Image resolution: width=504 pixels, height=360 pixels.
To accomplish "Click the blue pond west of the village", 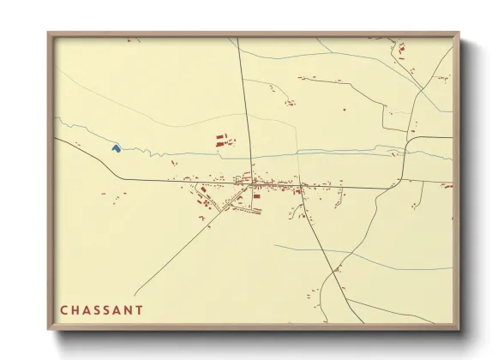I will pos(116,148).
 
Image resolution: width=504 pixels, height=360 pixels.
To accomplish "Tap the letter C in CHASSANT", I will pos(64,309).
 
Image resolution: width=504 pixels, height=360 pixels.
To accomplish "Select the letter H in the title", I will pos(75,309).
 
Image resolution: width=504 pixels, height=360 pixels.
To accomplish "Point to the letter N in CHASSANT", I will pos(127,309).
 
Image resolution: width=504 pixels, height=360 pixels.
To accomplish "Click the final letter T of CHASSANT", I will pos(139,309).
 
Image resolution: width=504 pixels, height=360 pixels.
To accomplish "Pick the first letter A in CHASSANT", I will pos(87,309).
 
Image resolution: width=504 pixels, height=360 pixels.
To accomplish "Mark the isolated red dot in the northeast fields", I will pos(344,109).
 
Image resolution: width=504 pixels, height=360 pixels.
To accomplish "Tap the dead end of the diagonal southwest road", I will pos(135,294).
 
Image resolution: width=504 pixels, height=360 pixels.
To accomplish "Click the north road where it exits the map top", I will pos(238,39).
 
